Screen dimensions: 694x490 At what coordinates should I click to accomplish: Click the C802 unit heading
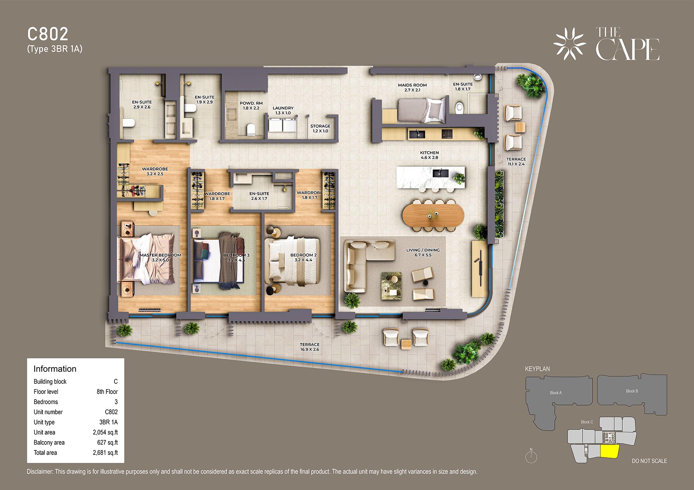point(48,34)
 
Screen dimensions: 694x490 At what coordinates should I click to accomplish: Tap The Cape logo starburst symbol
point(569,44)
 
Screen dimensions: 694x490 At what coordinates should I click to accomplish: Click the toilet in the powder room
point(251,129)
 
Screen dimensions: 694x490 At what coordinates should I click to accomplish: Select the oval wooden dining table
point(433,215)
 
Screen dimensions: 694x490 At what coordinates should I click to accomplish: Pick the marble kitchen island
point(431,177)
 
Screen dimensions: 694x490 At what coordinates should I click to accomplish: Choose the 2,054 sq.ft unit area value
point(105,432)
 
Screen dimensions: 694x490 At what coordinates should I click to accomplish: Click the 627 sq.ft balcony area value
point(108,443)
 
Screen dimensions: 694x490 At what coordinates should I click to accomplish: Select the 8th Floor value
point(107,391)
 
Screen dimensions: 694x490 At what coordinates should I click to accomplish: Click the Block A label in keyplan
point(556,393)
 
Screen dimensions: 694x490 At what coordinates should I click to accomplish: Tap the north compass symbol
point(531,456)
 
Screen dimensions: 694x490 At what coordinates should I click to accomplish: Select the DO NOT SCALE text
point(649,461)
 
